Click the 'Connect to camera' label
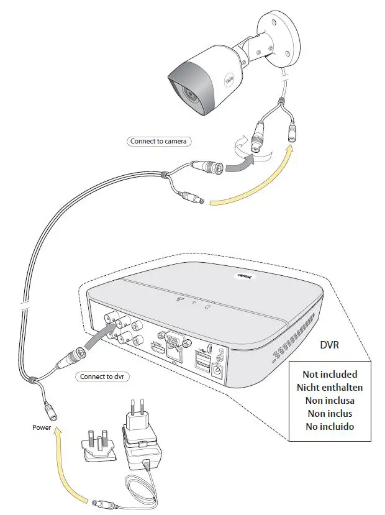(158, 141)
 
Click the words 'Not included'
(330, 374)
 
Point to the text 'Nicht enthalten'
(330, 387)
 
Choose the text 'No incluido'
(330, 426)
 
